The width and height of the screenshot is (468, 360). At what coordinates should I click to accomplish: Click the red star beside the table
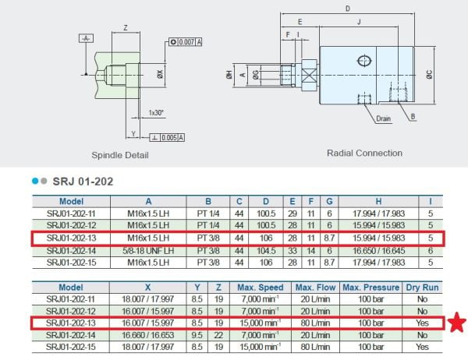tap(457, 322)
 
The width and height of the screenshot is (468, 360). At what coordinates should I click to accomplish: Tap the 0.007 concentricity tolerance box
tap(186, 42)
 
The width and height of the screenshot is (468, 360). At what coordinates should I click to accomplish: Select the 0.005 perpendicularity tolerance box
tap(167, 137)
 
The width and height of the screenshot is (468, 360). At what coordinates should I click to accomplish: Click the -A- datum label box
tap(86, 38)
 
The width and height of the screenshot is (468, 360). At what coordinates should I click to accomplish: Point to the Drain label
tap(383, 118)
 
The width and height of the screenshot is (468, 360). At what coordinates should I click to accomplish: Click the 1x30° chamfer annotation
tap(156, 113)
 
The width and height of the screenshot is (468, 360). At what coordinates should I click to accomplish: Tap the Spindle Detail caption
tap(120, 155)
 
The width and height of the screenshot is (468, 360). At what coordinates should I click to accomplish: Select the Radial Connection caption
tap(364, 153)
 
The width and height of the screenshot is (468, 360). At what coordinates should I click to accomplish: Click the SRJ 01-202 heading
tap(83, 182)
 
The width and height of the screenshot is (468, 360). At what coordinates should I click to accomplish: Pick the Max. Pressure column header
tap(370, 288)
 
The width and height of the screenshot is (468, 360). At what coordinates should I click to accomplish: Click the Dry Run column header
tap(422, 288)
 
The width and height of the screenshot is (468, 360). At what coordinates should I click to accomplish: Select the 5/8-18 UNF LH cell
tap(148, 251)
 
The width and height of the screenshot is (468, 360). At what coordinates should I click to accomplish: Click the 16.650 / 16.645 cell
tap(378, 251)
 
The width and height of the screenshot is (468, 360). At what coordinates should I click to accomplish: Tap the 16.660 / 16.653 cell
tap(147, 335)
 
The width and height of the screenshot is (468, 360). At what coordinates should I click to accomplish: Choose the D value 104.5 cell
tap(266, 251)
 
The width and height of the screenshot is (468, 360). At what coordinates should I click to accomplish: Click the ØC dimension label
tap(429, 75)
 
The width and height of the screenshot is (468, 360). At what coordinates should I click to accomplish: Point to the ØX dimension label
tap(160, 74)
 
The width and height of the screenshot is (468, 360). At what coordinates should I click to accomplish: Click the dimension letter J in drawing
tap(359, 22)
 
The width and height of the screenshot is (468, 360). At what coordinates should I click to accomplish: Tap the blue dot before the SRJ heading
tap(35, 181)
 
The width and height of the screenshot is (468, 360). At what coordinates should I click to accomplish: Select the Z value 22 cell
tap(218, 335)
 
